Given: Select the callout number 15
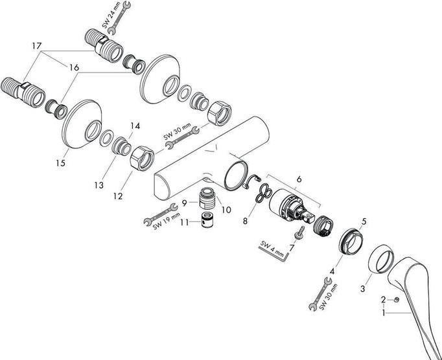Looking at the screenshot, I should coord(60,164).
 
